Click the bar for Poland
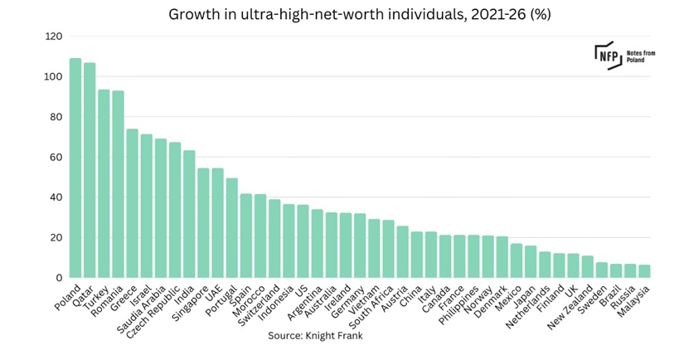click(75, 168)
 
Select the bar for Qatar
click(90, 170)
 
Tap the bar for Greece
click(132, 203)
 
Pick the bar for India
click(189, 214)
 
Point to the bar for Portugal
click(231, 228)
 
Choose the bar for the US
click(303, 241)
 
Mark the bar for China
click(417, 255)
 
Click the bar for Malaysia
click(645, 271)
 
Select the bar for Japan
click(531, 261)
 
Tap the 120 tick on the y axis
click(54, 36)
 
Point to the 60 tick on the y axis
click(56, 158)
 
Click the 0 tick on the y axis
click(59, 278)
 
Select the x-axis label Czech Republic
click(153, 312)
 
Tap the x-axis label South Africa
click(371, 307)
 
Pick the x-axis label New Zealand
click(570, 307)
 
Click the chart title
click(360, 14)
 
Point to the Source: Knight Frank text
click(315, 336)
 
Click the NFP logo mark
click(609, 56)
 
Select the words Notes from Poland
click(641, 56)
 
